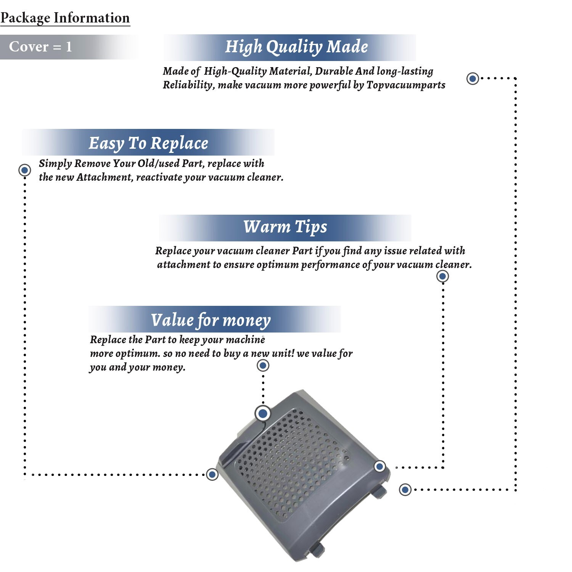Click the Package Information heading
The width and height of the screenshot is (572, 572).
(x=65, y=18)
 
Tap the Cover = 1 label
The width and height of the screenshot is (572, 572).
(x=40, y=47)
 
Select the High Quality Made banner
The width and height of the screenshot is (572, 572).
(x=296, y=47)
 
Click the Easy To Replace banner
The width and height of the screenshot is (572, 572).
(x=148, y=143)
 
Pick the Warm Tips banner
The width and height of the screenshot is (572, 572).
(x=285, y=227)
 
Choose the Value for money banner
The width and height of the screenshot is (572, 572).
(x=211, y=320)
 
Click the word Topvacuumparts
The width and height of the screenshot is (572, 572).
(x=406, y=85)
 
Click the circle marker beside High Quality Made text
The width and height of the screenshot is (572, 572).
(x=473, y=79)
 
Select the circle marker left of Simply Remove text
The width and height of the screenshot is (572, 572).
(x=25, y=170)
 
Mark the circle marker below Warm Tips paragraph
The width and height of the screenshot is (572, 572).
(x=442, y=276)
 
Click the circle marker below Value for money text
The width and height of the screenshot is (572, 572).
(x=263, y=366)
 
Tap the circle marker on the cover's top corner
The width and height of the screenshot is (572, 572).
(x=263, y=413)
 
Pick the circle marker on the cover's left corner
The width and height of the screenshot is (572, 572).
(x=212, y=474)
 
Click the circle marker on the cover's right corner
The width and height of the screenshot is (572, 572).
(x=379, y=466)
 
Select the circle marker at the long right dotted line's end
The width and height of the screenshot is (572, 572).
(x=405, y=490)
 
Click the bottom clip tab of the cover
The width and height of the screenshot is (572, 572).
(x=317, y=549)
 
